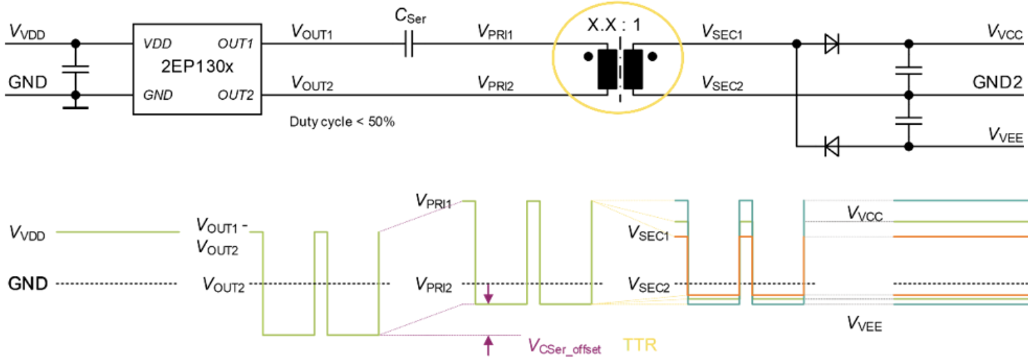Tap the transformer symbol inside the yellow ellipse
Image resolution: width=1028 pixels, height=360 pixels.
click(x=619, y=69)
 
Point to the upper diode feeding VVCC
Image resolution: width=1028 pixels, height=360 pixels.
click(x=832, y=45)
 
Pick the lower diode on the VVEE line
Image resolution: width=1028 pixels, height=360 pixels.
click(x=832, y=145)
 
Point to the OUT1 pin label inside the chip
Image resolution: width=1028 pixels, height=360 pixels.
click(x=235, y=44)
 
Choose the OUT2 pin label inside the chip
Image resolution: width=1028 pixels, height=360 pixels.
click(x=235, y=95)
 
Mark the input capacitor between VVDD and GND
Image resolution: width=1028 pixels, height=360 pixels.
click(x=75, y=69)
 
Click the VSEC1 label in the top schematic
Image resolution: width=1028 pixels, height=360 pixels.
click(x=722, y=32)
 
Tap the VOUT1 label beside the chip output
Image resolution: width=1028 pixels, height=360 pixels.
click(x=311, y=32)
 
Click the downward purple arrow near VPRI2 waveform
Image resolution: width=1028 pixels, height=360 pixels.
click(x=488, y=294)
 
